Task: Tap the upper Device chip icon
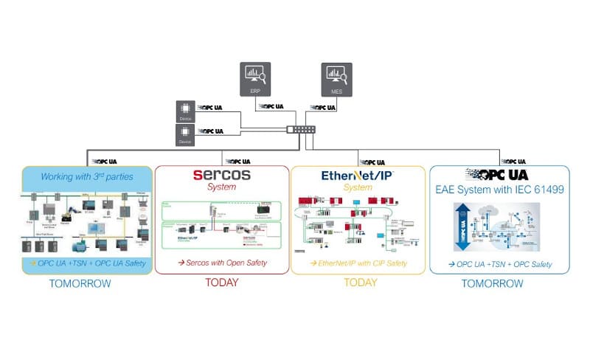(x=185, y=111)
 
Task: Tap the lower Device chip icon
(x=185, y=134)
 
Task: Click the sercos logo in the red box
(x=221, y=175)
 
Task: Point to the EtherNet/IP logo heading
(x=358, y=176)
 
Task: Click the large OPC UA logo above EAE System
(x=499, y=175)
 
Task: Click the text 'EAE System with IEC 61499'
(x=499, y=190)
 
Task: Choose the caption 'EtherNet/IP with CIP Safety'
(x=358, y=262)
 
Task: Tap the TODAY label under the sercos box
(x=221, y=283)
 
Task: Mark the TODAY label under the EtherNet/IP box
(x=358, y=283)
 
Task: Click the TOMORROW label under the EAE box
(x=499, y=283)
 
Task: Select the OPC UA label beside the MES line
(x=322, y=108)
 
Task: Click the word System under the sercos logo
(x=221, y=187)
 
